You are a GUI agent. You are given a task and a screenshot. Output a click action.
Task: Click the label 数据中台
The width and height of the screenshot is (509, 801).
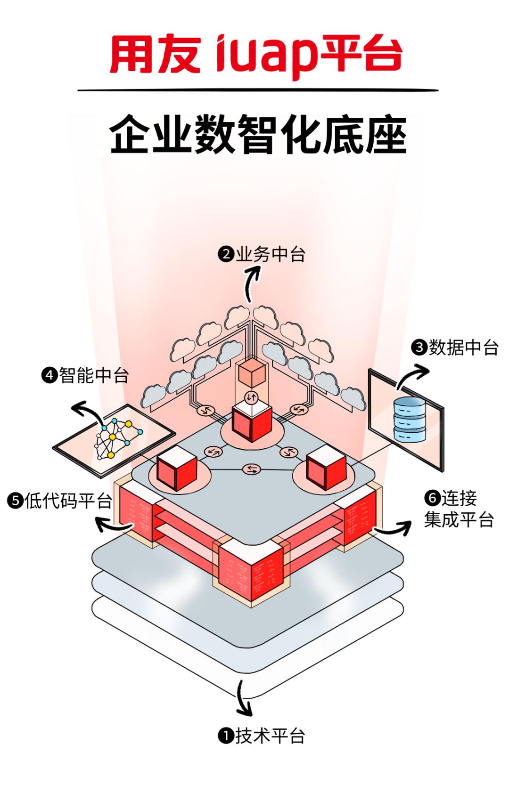tap(463, 348)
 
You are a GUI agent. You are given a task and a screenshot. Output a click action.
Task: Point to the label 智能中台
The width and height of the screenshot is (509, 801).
tap(94, 376)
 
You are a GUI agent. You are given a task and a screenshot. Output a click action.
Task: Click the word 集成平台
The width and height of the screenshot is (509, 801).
tap(459, 520)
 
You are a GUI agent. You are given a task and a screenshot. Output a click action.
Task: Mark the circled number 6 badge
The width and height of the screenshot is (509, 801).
tap(432, 498)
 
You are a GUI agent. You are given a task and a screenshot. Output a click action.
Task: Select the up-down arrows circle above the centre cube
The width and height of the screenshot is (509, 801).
tap(252, 397)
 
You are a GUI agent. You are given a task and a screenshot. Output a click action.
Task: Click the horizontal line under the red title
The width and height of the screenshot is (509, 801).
tap(258, 90)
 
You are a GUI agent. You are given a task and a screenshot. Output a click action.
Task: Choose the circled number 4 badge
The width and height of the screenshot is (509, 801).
tap(49, 376)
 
